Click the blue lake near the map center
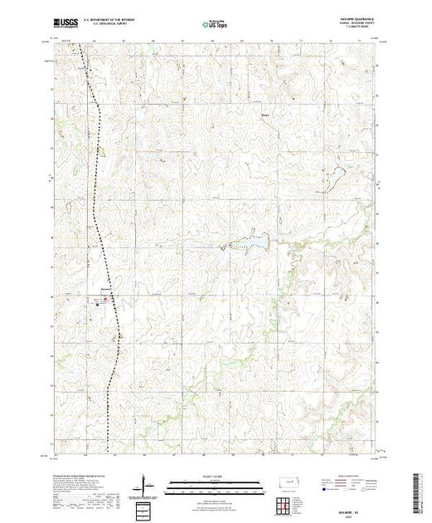[x=256, y=242]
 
